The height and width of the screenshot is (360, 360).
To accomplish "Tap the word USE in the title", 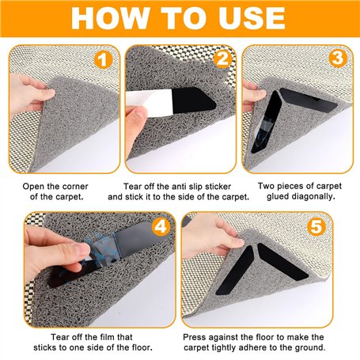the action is point(248,18).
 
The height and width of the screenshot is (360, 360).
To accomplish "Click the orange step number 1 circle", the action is point(104,59).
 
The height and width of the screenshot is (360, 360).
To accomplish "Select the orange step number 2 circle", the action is point(222,59).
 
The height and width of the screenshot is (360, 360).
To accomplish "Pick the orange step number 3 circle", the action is point(338,58).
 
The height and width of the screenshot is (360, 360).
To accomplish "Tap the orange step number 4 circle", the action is point(161,227).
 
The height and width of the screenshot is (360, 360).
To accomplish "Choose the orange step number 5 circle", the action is point(316,226).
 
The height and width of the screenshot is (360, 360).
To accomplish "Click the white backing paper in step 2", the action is point(150,102).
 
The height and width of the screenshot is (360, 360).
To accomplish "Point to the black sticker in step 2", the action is point(193,100).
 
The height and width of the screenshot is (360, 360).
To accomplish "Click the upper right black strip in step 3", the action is point(308,100).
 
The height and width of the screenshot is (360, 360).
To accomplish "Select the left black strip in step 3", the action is point(266,121).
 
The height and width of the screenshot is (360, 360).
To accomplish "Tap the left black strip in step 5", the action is point(235,270).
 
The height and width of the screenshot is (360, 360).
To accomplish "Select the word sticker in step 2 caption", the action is point(218,187).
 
